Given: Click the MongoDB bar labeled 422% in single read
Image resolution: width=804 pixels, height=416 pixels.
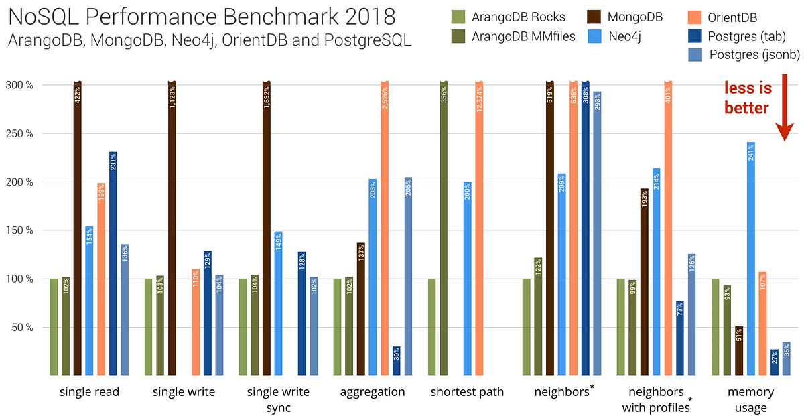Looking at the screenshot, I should tap(77, 228).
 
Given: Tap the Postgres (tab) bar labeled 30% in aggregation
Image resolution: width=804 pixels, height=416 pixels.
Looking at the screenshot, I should tap(396, 361).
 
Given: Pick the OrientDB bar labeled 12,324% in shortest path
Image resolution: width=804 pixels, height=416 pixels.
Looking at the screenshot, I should tap(478, 228).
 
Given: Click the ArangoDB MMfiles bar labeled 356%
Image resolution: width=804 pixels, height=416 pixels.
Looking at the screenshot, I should tap(443, 228).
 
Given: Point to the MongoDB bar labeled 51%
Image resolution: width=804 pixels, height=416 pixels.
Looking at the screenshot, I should tap(739, 350).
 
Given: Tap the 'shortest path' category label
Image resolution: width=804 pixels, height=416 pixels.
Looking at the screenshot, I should tap(467, 392).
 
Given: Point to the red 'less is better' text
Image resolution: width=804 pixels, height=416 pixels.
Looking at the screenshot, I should tap(747, 98).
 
